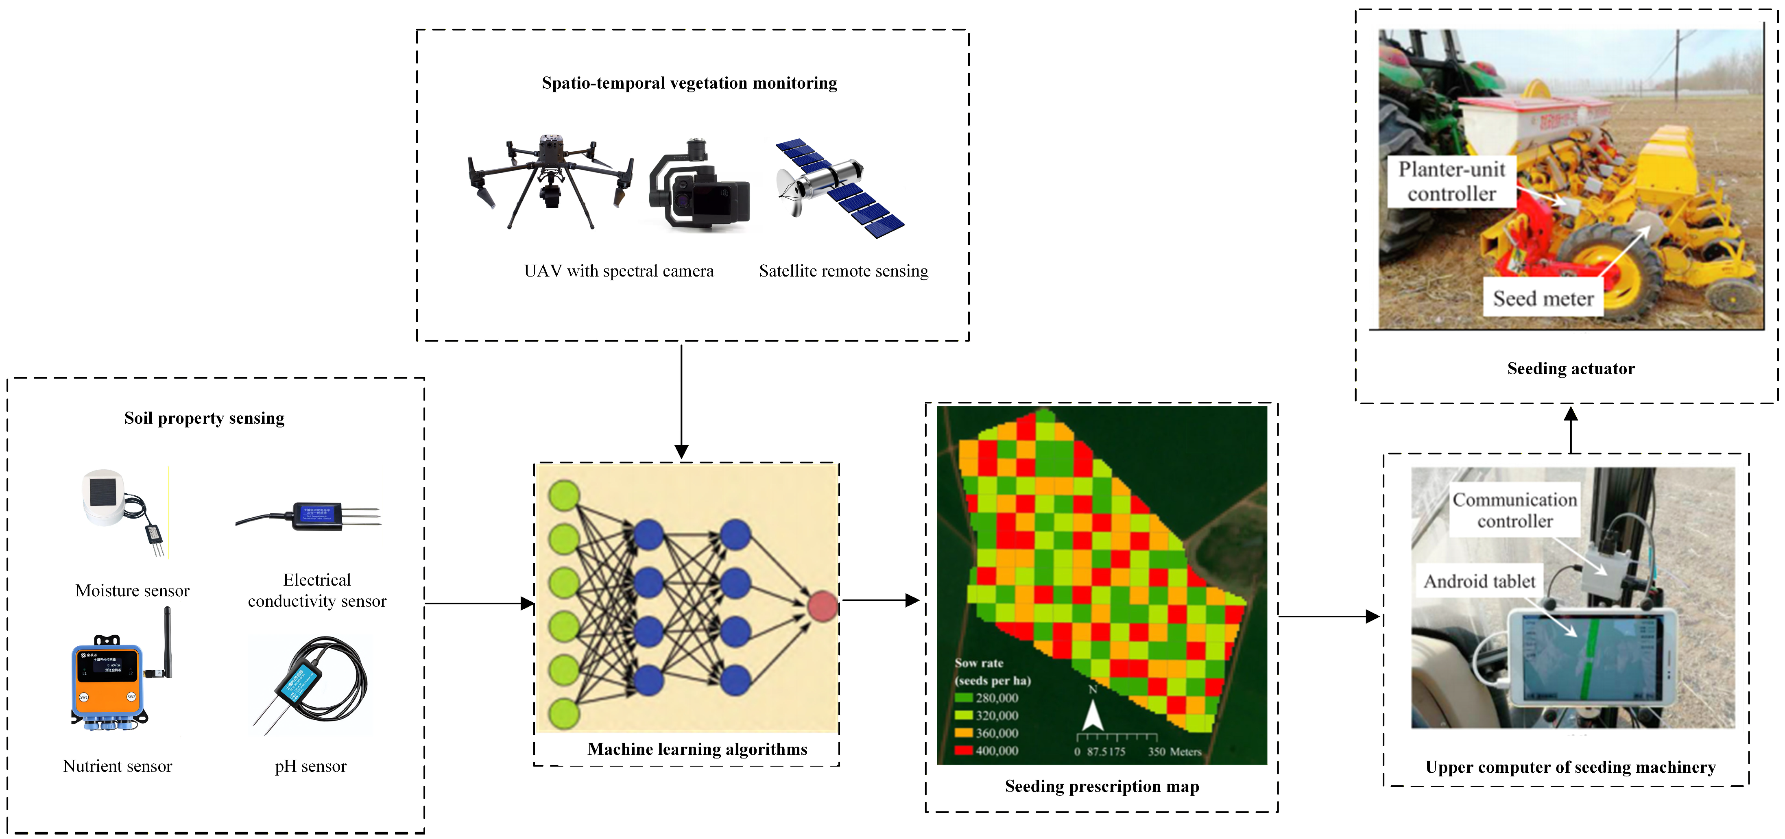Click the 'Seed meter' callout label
tap(1543, 299)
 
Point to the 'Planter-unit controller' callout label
tap(1452, 181)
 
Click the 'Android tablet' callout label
tap(1479, 581)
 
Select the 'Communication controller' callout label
tap(1515, 511)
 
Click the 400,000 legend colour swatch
tap(963, 750)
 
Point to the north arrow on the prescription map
tap(1093, 714)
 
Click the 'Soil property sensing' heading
tap(205, 418)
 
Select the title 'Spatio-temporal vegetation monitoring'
tap(690, 83)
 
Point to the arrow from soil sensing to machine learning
tap(478, 604)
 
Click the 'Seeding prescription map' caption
tap(1102, 787)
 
